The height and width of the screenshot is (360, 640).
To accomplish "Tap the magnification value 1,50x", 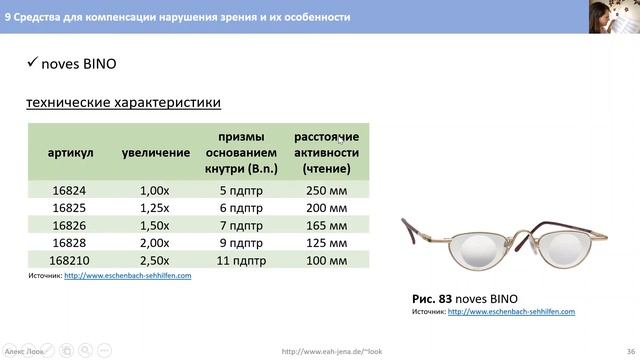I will pyautogui.click(x=155, y=225).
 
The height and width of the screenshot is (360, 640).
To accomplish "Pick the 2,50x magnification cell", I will pyautogui.click(x=155, y=259).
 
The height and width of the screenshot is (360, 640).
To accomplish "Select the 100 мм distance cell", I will pyautogui.click(x=326, y=259).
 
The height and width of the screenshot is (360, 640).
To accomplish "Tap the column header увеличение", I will pyautogui.click(x=155, y=152).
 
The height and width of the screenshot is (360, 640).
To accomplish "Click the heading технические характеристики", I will pyautogui.click(x=123, y=102).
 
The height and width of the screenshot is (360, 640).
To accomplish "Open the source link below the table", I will pyautogui.click(x=127, y=275).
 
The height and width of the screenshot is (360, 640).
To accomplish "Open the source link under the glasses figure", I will pyautogui.click(x=511, y=312).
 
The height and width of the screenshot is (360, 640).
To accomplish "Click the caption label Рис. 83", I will pyautogui.click(x=433, y=298).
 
